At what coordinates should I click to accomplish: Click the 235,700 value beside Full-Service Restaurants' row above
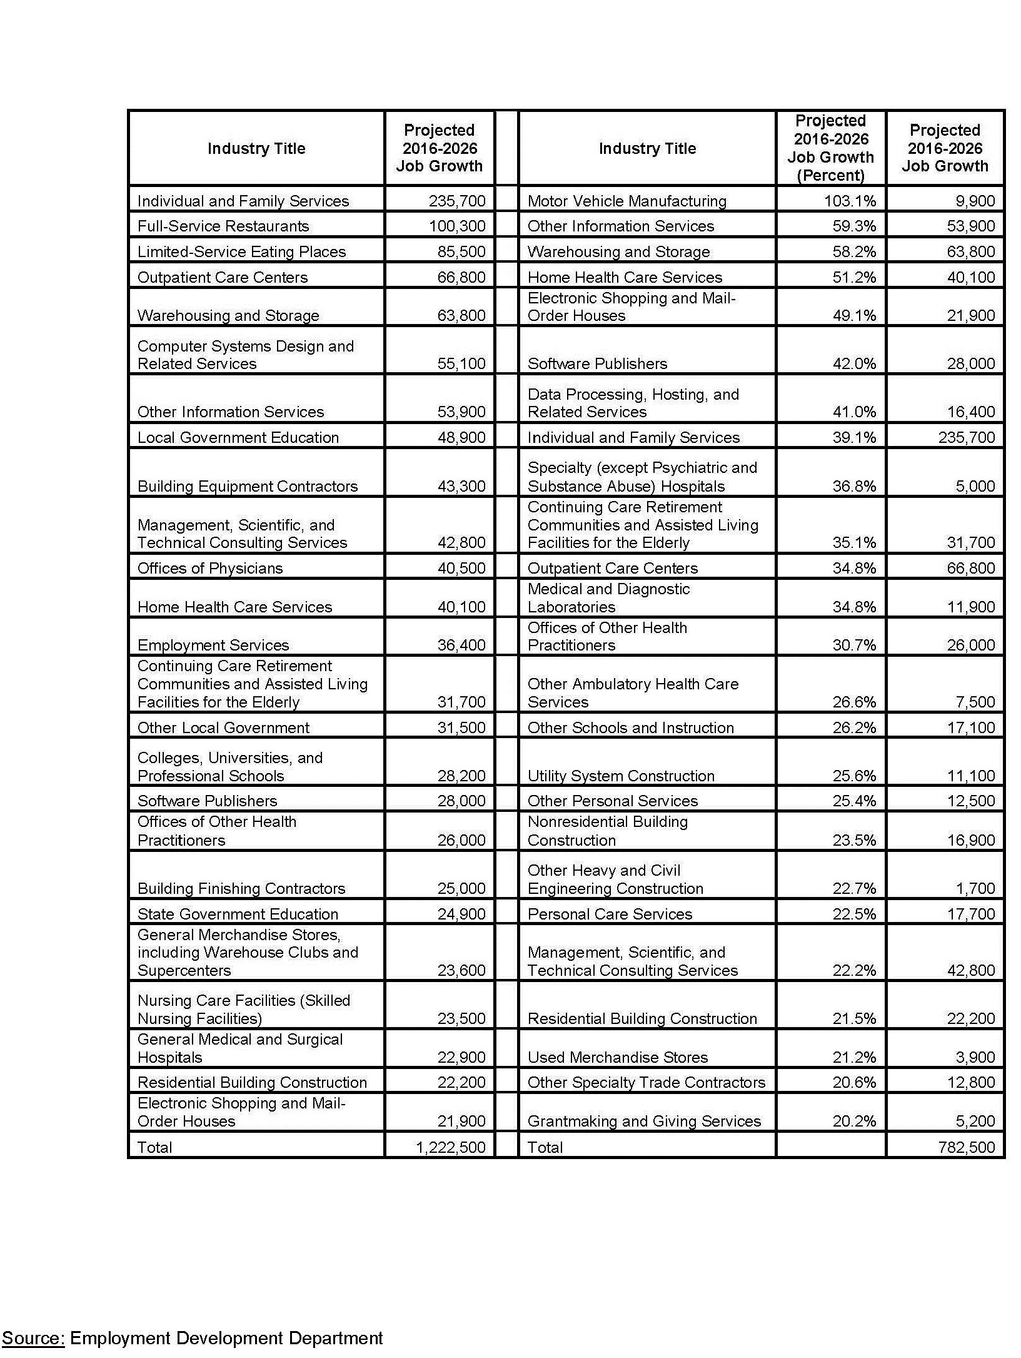[456, 201]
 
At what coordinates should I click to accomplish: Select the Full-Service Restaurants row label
[223, 226]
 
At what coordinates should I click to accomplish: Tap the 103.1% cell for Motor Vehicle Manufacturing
[854, 201]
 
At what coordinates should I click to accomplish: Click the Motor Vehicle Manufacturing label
[626, 201]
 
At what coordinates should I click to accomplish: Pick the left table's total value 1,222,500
[450, 1147]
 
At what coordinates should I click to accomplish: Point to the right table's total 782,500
[966, 1147]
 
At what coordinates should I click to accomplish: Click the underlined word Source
[33, 1338]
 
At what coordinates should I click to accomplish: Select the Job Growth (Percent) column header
[830, 148]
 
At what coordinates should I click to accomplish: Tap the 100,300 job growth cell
[456, 226]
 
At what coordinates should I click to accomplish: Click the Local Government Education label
[238, 437]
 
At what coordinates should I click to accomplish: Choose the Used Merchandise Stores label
[618, 1057]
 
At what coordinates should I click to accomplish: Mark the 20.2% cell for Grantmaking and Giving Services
[854, 1121]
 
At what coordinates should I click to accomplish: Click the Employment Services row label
[213, 645]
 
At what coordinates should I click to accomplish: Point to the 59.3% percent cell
[854, 226]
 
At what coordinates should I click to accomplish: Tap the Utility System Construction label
[621, 776]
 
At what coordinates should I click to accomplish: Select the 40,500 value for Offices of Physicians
[461, 568]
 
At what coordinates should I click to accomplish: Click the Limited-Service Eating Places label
[241, 251]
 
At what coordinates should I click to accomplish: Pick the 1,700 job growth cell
[975, 888]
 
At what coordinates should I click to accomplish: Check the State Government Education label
[238, 914]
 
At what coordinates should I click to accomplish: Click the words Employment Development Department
[226, 1338]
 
